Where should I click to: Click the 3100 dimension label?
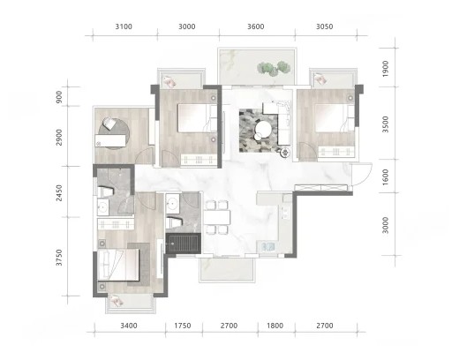click(124, 26)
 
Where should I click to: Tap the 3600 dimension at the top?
click(255, 26)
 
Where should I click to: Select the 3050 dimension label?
click(324, 26)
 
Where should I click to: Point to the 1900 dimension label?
click(386, 69)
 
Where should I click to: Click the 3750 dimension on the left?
click(59, 258)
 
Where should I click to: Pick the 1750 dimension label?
click(183, 326)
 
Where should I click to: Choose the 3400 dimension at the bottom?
click(129, 326)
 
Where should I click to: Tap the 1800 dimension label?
click(275, 326)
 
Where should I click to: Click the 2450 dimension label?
click(59, 193)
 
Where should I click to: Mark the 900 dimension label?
click(59, 97)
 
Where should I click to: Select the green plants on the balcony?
click(274, 68)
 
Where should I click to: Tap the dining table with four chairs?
click(217, 217)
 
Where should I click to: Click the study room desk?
click(110, 140)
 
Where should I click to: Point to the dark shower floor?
click(183, 244)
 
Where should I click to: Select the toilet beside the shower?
click(174, 222)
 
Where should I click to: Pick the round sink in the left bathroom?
click(103, 206)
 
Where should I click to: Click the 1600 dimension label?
click(386, 177)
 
